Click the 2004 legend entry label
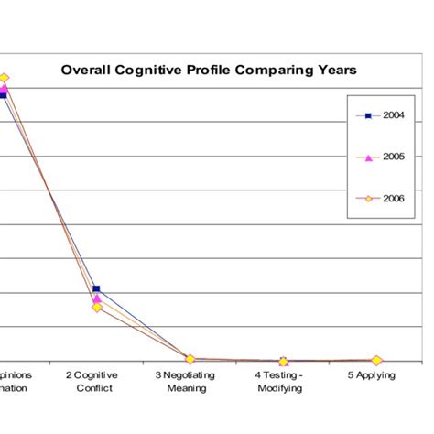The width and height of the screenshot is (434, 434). click(x=396, y=115)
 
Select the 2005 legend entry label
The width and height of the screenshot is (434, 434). click(x=396, y=157)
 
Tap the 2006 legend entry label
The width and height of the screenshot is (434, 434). click(x=396, y=198)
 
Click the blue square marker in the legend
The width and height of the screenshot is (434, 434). click(x=368, y=116)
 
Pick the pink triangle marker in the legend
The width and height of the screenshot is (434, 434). click(x=368, y=157)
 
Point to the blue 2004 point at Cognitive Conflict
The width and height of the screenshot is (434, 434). click(x=97, y=289)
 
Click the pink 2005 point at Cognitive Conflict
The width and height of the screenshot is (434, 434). click(x=97, y=298)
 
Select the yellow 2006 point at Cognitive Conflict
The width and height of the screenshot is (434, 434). click(x=97, y=308)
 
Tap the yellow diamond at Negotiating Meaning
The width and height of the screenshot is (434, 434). click(x=190, y=359)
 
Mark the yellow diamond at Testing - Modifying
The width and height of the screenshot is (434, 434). click(x=283, y=362)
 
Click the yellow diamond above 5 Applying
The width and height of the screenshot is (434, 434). click(x=376, y=361)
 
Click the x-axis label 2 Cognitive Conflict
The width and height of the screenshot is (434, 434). click(x=96, y=381)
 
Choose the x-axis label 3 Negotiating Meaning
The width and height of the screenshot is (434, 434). click(x=190, y=381)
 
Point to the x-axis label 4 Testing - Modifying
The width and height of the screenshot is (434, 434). click(x=283, y=381)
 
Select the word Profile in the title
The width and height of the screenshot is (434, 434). click(x=222, y=70)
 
